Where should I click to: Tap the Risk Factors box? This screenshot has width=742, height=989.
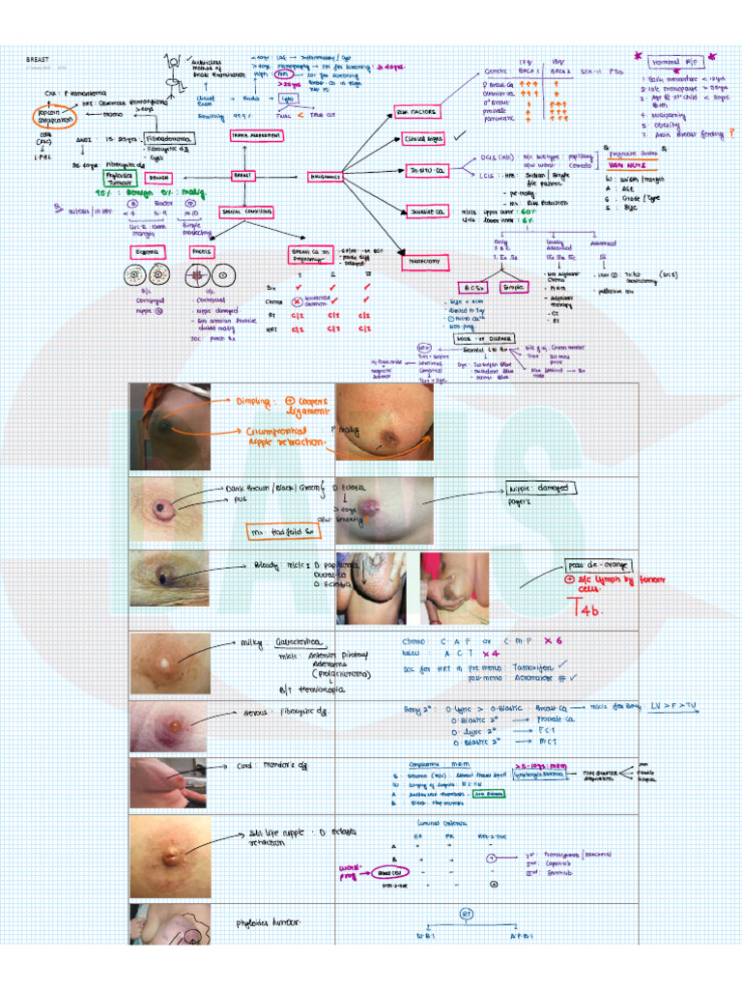tap(417, 112)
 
